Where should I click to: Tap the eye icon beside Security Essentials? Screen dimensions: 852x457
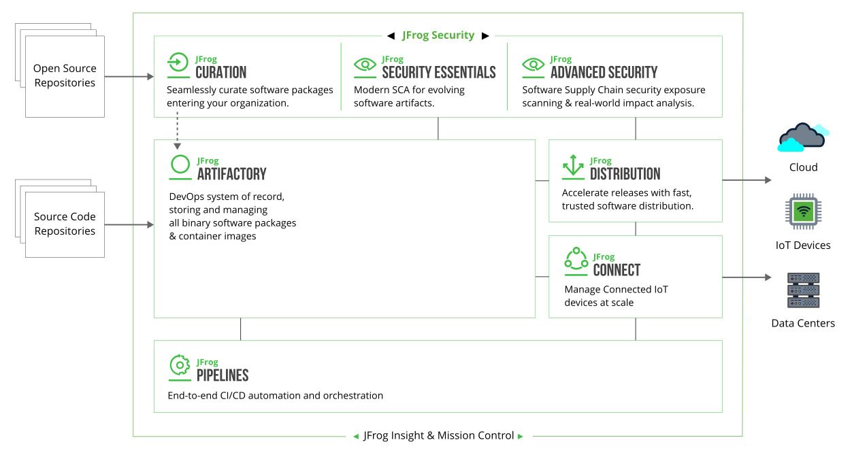point(365,64)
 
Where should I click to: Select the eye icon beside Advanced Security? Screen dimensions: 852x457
point(534,64)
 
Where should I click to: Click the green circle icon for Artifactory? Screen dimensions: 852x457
point(180,165)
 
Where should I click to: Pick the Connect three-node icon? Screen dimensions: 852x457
point(576,258)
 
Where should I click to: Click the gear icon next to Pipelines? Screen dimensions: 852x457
point(180,365)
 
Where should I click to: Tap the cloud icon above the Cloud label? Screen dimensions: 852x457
point(803,137)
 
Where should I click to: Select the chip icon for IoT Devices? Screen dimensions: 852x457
point(803,211)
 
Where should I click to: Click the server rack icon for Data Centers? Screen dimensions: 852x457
point(803,290)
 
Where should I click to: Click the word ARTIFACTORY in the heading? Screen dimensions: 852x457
point(231,174)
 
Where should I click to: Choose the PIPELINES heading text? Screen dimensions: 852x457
point(223,375)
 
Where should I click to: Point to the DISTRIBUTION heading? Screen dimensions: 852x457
point(625,174)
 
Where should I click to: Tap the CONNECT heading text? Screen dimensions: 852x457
point(617,270)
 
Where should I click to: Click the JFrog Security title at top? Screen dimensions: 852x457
point(438,35)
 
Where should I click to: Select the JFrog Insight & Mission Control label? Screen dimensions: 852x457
point(438,435)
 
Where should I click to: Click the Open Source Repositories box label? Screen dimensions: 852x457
point(65,75)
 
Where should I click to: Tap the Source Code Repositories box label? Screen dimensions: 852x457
point(65,224)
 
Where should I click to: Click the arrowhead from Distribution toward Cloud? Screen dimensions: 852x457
point(768,180)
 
